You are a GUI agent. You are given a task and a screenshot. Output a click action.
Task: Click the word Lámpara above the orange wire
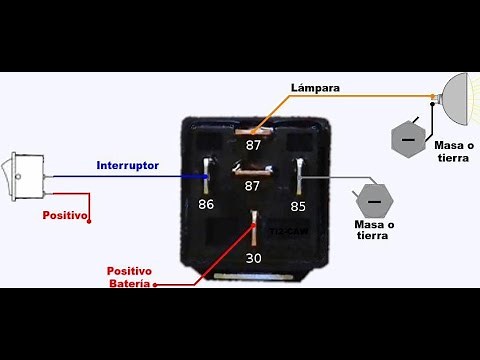315,88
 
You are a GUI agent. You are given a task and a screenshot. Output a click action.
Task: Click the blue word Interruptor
128,165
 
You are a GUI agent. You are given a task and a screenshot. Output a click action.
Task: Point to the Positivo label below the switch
65,215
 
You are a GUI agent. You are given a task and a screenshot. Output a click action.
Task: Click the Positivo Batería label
130,277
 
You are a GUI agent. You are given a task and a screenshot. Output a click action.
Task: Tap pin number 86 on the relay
206,204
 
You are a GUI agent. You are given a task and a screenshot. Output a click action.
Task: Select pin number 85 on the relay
297,207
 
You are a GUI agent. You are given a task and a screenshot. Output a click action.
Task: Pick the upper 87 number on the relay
255,146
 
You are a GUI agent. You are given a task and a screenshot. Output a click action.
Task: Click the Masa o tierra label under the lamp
455,151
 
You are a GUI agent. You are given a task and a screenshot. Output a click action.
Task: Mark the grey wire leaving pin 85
330,178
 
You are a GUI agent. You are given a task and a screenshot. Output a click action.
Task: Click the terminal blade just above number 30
255,222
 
